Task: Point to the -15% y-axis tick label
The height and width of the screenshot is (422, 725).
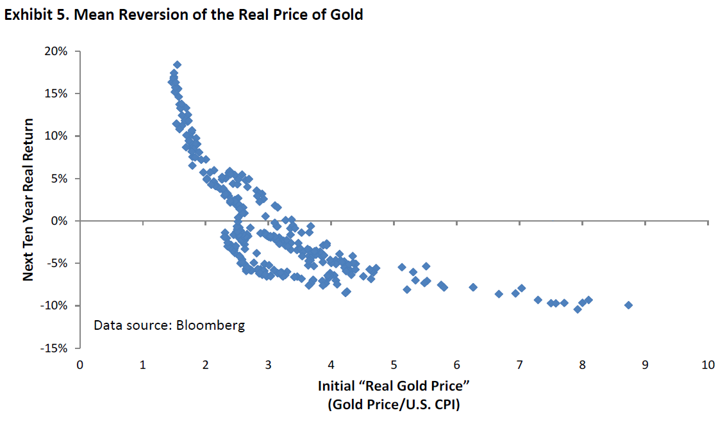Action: click(56, 348)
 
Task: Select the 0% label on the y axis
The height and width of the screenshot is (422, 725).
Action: click(60, 221)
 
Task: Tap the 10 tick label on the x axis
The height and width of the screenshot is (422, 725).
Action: click(708, 364)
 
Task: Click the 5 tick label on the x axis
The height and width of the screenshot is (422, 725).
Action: click(394, 364)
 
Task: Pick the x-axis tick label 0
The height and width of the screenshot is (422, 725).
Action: click(79, 364)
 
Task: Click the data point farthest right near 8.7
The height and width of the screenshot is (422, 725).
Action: click(628, 305)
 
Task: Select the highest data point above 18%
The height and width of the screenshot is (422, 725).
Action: click(177, 65)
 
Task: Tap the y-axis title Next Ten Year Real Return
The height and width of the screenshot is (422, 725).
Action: click(28, 199)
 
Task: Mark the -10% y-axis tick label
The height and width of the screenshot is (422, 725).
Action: click(56, 305)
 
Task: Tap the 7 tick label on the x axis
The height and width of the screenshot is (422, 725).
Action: click(519, 364)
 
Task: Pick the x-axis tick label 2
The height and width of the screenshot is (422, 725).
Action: click(205, 364)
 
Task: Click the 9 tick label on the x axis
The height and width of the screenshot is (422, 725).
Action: click(645, 364)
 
